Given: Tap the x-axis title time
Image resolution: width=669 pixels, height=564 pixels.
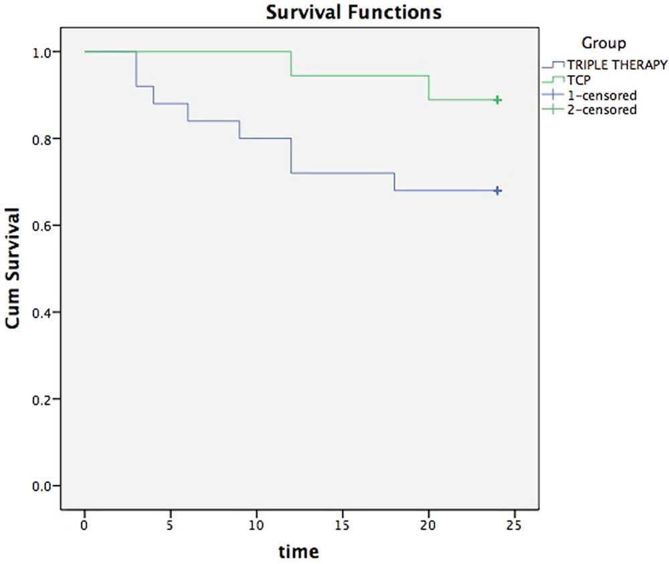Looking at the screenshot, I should coord(300,552).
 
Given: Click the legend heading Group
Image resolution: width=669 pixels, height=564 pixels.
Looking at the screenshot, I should coord(603,44).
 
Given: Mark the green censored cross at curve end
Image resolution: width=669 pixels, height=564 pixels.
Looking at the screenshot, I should coord(498,100).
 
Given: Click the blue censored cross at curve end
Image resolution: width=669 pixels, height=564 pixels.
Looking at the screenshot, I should coord(498,191).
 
